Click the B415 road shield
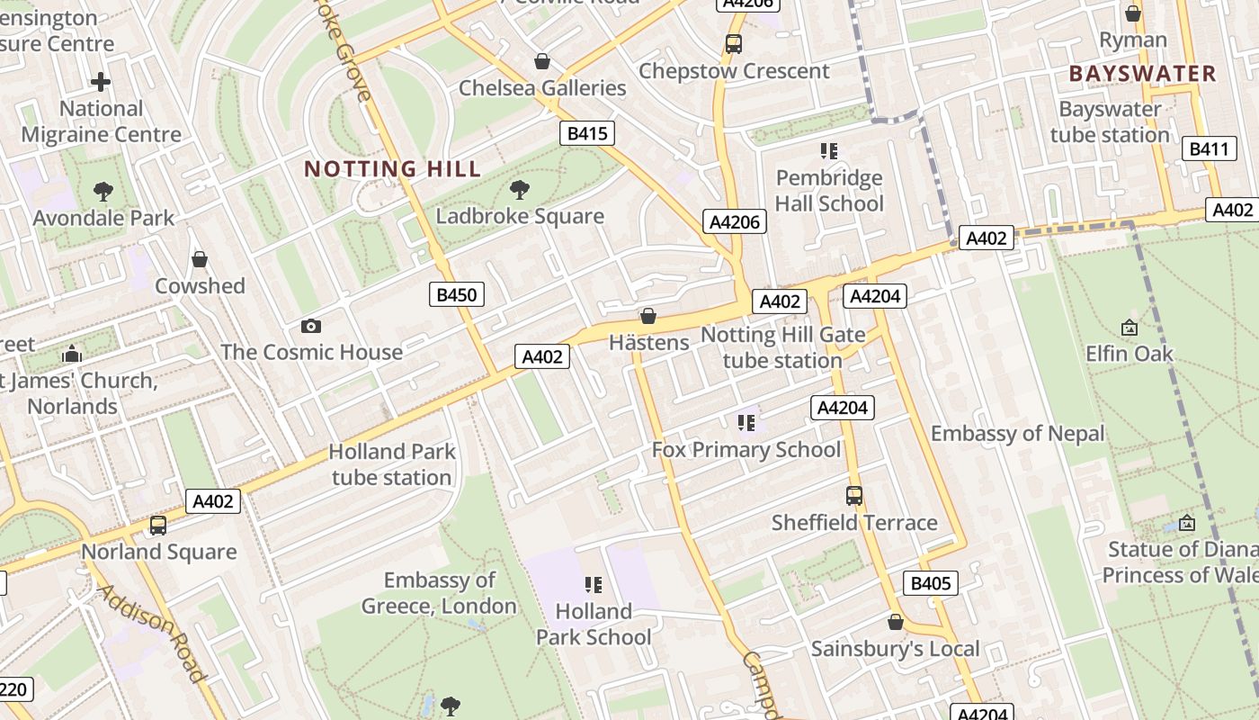point(587,134)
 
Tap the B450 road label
point(457,294)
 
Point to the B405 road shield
point(931,583)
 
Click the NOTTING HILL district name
point(392,168)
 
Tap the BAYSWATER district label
point(1142,73)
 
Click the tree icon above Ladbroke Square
point(519,189)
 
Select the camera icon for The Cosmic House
point(311,326)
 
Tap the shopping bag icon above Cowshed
point(200,259)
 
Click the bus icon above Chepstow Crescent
point(734,43)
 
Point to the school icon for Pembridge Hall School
point(828,150)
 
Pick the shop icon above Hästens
point(647,316)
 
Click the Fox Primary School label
point(746,449)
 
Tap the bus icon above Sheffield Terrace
point(853,496)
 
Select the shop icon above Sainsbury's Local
point(895,622)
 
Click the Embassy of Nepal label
point(1017,434)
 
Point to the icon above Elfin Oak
point(1129,328)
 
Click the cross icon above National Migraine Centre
point(101,83)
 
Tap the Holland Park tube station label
point(392,464)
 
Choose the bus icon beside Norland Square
point(158,526)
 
